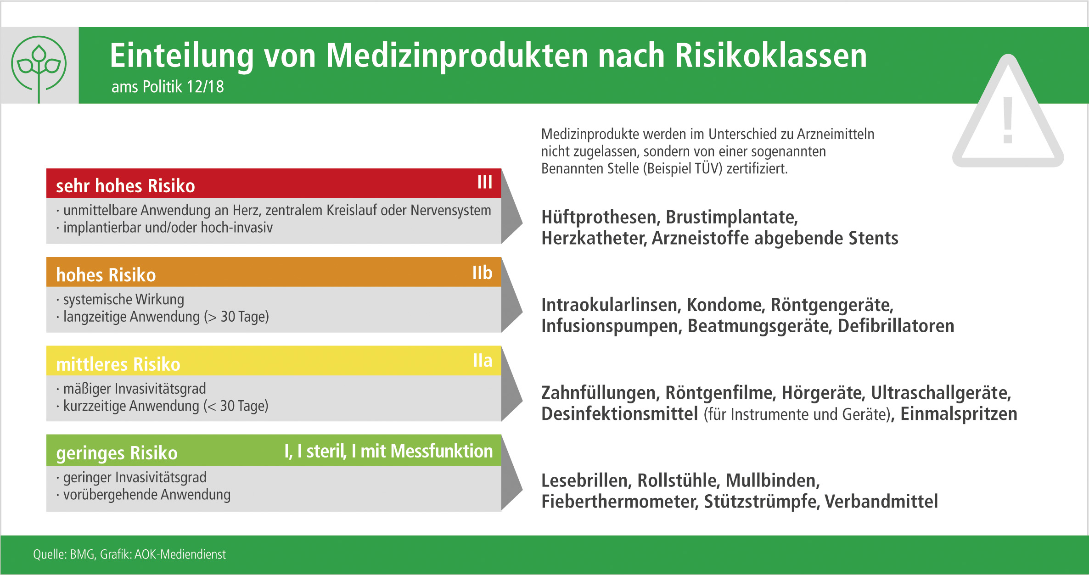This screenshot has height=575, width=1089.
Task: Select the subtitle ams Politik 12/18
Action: click(168, 87)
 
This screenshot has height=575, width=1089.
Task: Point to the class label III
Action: click(484, 182)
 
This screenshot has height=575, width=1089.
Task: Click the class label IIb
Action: click(482, 273)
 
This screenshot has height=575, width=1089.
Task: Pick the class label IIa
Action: click(483, 361)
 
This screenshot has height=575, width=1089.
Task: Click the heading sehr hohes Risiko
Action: click(125, 186)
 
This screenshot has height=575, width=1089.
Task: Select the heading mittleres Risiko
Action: click(118, 364)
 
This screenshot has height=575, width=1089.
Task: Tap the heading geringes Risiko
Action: click(117, 453)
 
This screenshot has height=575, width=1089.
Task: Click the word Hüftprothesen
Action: click(600, 218)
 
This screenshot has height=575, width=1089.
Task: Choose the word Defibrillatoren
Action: click(896, 326)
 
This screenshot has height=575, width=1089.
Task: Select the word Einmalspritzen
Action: click(959, 414)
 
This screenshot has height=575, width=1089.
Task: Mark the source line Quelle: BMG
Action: click(64, 554)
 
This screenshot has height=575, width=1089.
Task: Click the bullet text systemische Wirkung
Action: click(123, 300)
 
